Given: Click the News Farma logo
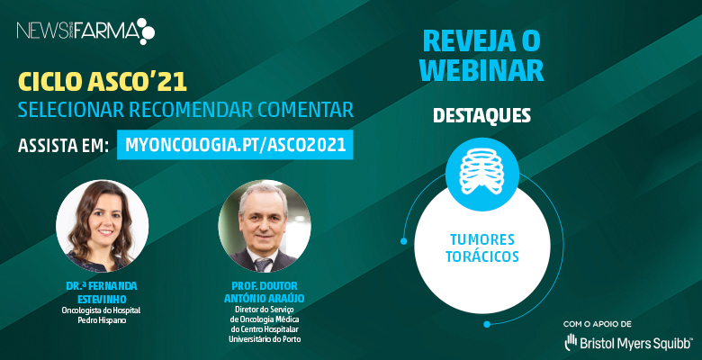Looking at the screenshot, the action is click(x=86, y=31).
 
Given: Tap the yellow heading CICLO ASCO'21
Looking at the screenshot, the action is click(x=102, y=83).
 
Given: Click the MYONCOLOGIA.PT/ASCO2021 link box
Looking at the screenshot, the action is click(x=235, y=145).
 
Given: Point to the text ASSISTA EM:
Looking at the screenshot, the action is click(x=64, y=146).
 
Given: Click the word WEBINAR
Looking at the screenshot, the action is click(x=482, y=71).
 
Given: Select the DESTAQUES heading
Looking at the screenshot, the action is click(x=481, y=115).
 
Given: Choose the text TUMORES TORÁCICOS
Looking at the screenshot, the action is click(x=482, y=247).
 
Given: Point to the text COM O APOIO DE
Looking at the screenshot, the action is click(x=598, y=324).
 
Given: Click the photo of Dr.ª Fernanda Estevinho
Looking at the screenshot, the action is click(x=102, y=226).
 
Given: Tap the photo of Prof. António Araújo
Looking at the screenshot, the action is click(x=264, y=226).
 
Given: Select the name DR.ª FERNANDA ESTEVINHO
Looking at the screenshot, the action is click(x=102, y=292).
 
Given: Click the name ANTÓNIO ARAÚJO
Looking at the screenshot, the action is click(x=264, y=299).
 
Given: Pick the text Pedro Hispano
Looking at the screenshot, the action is click(x=102, y=321).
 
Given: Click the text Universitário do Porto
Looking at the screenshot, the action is click(x=264, y=339).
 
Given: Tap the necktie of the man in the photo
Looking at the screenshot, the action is click(x=264, y=265).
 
